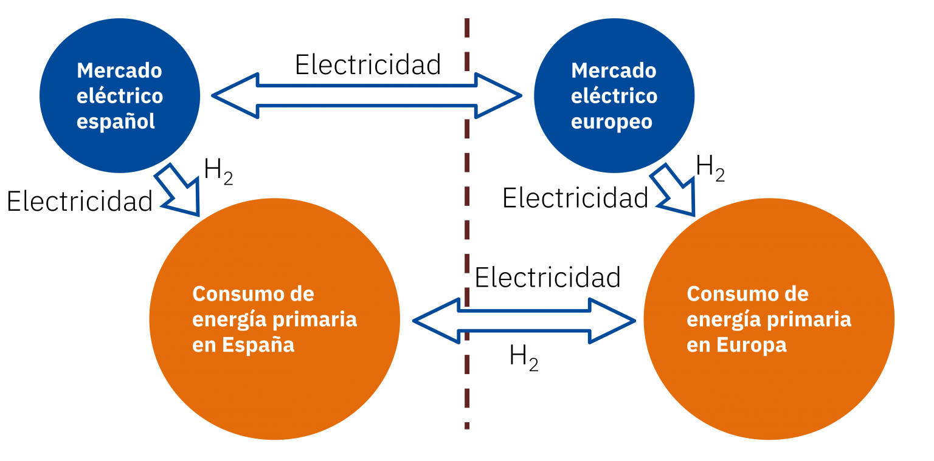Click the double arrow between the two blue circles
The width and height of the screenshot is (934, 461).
coord(367,96)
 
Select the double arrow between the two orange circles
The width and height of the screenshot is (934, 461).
coord(524,321)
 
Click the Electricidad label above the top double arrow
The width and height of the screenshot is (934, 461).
coord(368,65)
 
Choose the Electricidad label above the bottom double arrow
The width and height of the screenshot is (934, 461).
coord(547,278)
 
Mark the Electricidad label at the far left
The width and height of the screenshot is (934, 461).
coord(79,202)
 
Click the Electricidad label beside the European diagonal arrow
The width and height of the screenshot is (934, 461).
coord(575,198)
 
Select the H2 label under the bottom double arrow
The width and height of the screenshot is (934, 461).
coord(524,358)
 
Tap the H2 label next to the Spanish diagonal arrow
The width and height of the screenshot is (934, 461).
coord(218,171)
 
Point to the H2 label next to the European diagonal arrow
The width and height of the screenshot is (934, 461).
coord(710,168)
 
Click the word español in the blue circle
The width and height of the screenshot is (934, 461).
coord(116,122)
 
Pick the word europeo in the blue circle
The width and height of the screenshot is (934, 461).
coord(612,122)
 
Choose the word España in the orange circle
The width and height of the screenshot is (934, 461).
coord(258,345)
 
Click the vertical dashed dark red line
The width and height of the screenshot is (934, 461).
coord(467,224)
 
